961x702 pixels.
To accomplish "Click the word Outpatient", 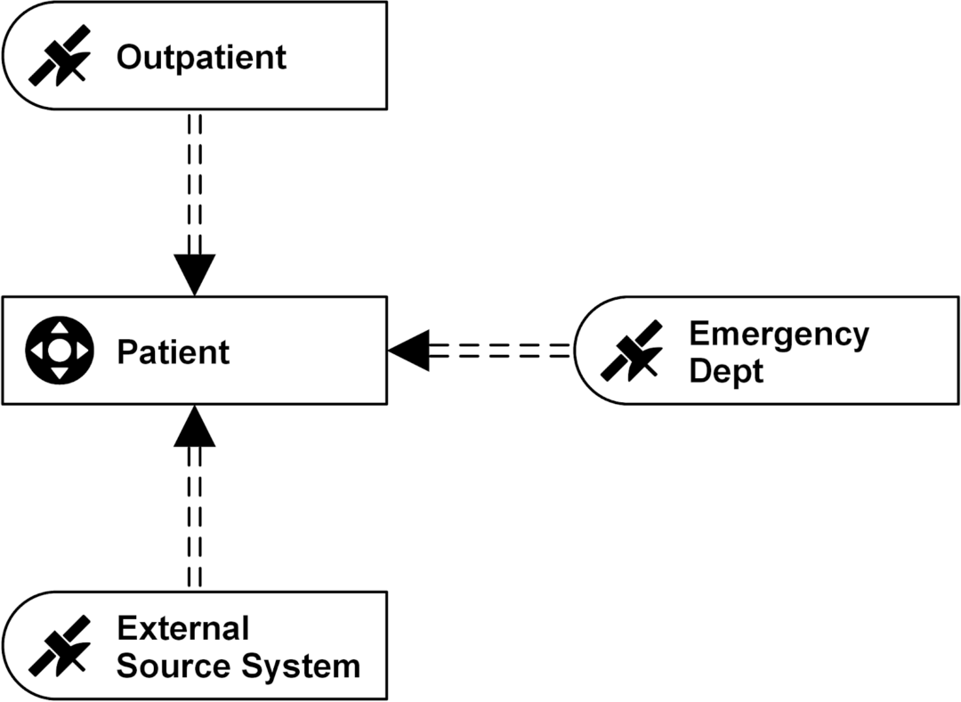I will coord(201,58).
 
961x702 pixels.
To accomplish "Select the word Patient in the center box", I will coord(173,352).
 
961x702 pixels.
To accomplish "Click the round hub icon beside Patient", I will coord(59,351).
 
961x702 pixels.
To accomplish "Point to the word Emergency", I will coord(779,335).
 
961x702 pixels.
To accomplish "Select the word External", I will coord(182,628).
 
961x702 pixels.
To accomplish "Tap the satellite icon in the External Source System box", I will coord(60,645).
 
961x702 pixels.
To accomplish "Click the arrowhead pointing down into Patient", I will coord(194,274).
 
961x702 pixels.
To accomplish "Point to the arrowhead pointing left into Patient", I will coord(409,351).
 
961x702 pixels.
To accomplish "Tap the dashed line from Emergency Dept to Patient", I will coord(498,351).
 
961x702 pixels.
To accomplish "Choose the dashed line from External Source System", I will coord(194,516).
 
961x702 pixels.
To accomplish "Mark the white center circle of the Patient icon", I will coord(59,351).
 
